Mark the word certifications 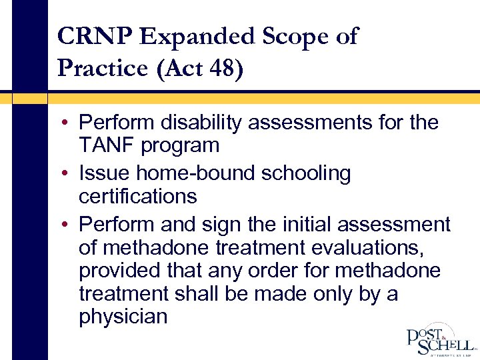tap(137, 196)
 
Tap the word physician tap(123, 315)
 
